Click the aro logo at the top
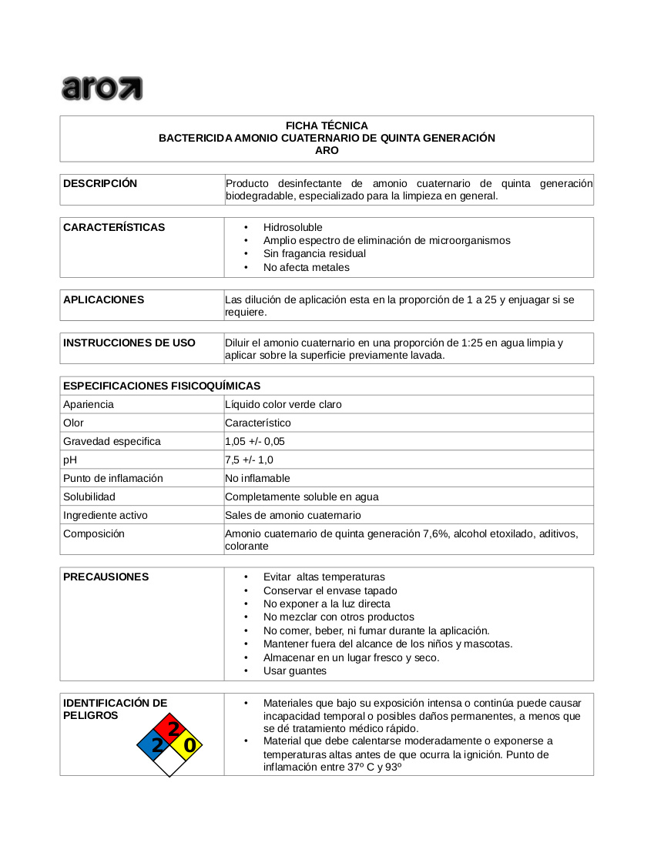point(102,88)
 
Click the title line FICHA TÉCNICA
point(327,125)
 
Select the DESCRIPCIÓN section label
point(100,183)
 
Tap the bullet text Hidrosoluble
point(293,227)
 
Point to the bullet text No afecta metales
point(306,267)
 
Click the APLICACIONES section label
point(103,299)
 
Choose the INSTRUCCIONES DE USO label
point(129,343)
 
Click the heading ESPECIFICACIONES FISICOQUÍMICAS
point(162,386)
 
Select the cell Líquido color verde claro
point(283,404)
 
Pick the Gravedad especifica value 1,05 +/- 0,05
point(255,441)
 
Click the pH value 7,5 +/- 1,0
point(249,460)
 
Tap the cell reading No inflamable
point(257,478)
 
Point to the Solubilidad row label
point(89,497)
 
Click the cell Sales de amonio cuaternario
point(293,515)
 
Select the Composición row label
point(94,533)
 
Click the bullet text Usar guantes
point(294,670)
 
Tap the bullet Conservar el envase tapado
point(330,590)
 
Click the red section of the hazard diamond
point(170,728)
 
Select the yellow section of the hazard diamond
point(187,744)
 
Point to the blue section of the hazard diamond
point(153,744)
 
